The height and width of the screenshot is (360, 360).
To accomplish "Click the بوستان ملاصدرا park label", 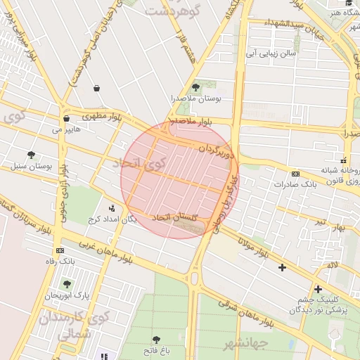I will coord(198,99).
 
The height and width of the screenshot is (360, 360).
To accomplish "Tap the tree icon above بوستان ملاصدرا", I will coord(195,87).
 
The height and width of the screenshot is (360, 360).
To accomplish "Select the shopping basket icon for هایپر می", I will coord(66,118).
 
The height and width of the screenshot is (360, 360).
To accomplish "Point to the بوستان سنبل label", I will coord(32,167).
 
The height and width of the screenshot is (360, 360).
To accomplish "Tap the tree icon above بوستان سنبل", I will coord(31,155).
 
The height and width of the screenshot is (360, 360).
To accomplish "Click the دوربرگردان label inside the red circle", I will coord(212,148).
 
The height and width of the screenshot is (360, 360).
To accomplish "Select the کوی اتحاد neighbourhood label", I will coord(140,164).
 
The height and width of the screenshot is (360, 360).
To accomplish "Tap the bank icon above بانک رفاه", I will coord(60,250).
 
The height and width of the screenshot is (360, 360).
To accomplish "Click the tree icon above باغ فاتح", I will coord(156,340).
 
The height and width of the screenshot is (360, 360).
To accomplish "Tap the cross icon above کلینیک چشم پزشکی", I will coord(318,288).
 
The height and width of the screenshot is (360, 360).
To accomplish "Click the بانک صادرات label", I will coord(298,184).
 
